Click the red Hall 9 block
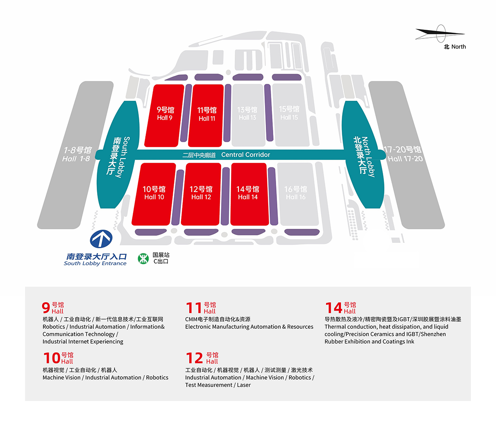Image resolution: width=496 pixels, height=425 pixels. coord(165,116)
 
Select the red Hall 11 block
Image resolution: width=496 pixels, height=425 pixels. coord(206,116)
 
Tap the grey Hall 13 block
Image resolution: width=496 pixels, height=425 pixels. coord(248,115)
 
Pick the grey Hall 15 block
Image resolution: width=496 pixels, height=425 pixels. coord(290,115)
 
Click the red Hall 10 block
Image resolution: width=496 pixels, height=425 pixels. coord(154,194)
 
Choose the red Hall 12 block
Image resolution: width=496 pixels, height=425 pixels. coord(201,194)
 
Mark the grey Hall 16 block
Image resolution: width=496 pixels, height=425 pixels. coord(298,194)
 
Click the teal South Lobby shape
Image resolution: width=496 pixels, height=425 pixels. coord(117,155)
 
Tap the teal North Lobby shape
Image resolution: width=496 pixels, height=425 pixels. coord(364,155)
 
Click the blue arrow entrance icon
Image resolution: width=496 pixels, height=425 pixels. coord(101,239)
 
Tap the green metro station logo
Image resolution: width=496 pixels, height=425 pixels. coord(143,259)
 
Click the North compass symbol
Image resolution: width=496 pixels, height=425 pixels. coord(441,34)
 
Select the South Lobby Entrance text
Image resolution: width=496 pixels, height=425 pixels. coord(95,264)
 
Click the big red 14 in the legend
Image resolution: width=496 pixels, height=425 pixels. coord(334,308)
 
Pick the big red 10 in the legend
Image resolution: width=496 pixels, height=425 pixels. coord(52,358)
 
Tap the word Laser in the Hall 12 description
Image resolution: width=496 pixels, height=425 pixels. coord(244,385)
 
